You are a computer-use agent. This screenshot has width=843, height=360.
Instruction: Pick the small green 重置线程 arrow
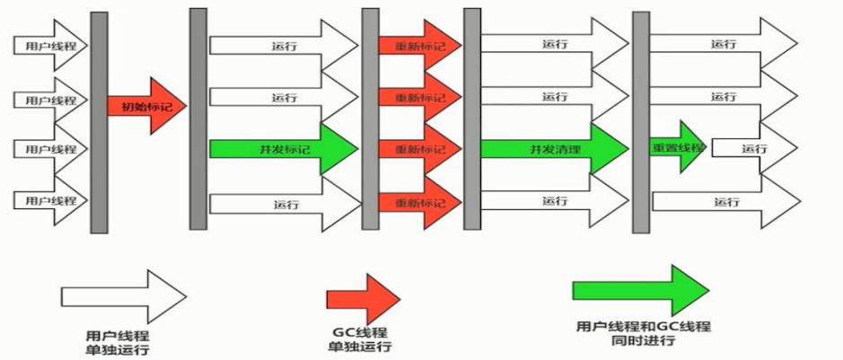tap(679, 146)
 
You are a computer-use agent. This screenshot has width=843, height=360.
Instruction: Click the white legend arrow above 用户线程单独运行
tap(123, 294)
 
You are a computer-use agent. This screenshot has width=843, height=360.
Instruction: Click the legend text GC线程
tap(361, 332)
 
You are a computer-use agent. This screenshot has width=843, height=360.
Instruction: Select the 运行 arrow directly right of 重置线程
tap(754, 148)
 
